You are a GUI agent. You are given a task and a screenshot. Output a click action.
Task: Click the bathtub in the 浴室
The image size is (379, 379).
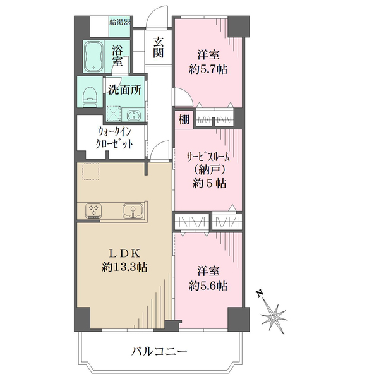tap(93, 57)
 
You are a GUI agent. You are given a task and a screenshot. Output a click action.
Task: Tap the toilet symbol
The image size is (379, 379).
tap(90, 97)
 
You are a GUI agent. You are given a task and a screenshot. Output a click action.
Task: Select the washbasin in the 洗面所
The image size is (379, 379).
tap(133, 115)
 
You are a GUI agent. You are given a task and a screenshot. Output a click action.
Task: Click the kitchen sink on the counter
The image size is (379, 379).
tap(133, 210)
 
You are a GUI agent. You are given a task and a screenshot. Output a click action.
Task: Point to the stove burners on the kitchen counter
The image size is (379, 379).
tap(93, 210)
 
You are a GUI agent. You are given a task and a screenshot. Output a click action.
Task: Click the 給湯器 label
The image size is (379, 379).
tap(120, 23)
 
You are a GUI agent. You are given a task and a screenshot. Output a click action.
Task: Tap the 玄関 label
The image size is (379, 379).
tap(159, 47)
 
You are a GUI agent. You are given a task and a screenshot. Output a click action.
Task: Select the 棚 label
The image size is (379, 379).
tap(184, 119)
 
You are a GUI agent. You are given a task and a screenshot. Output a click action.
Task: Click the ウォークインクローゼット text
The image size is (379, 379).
tap(114, 138)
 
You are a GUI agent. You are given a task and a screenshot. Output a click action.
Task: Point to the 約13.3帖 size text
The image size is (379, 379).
tap(124, 268)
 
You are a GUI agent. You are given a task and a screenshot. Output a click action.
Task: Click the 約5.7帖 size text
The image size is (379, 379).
tap(208, 70)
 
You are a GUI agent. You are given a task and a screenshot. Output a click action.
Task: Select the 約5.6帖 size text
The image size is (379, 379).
tap(208, 286)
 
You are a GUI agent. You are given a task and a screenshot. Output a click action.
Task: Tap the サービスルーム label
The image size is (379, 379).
tap(208, 157)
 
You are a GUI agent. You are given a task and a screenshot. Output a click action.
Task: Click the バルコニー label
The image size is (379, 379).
tap(159, 351)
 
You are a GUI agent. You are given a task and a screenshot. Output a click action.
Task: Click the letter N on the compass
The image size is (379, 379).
tap(260, 293)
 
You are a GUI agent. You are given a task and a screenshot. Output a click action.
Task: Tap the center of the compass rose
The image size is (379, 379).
tap(274, 317)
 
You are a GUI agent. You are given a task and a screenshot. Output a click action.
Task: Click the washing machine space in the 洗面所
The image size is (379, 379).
tap(114, 114)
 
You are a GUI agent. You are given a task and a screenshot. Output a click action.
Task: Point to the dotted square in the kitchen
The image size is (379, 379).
tap(90, 171)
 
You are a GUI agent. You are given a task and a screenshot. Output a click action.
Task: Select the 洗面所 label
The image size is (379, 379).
tap(124, 90)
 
